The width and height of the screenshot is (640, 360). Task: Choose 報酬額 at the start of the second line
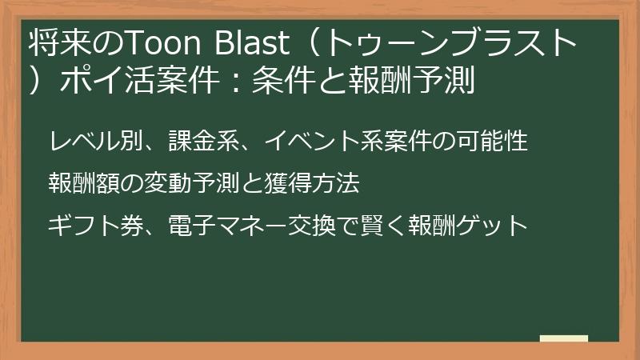point(84,183)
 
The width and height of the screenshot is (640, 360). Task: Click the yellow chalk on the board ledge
point(565,339)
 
